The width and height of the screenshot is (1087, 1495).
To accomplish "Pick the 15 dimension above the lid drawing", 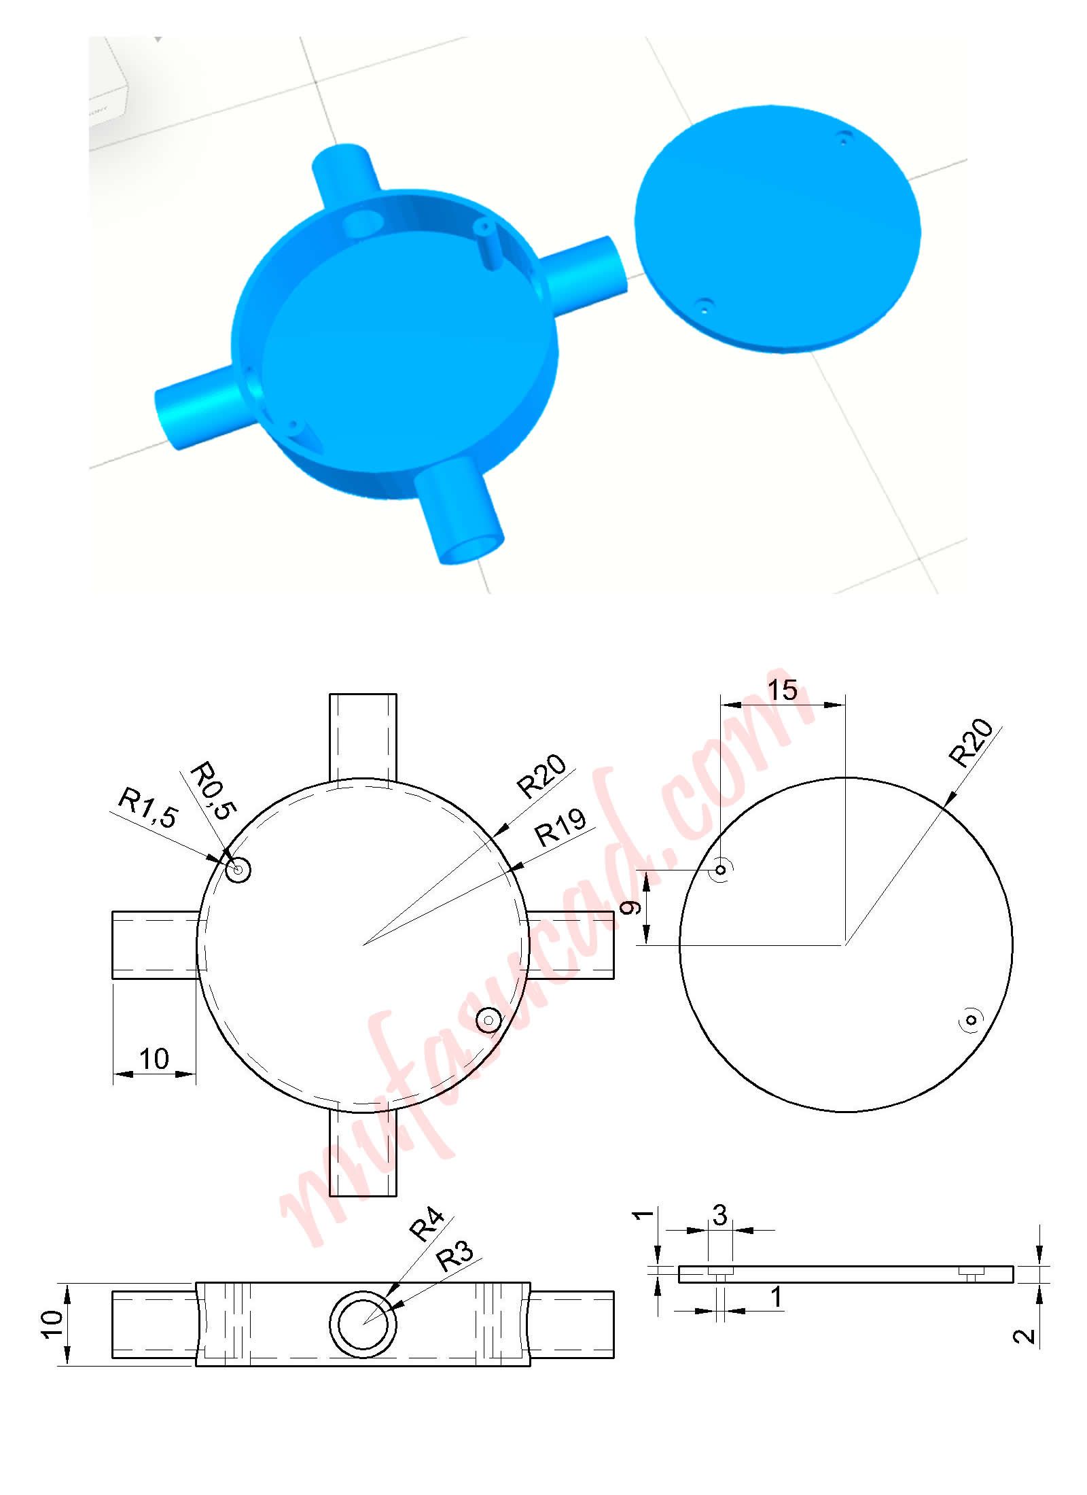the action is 782,690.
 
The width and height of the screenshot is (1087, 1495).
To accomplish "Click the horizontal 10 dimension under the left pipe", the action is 154,1058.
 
